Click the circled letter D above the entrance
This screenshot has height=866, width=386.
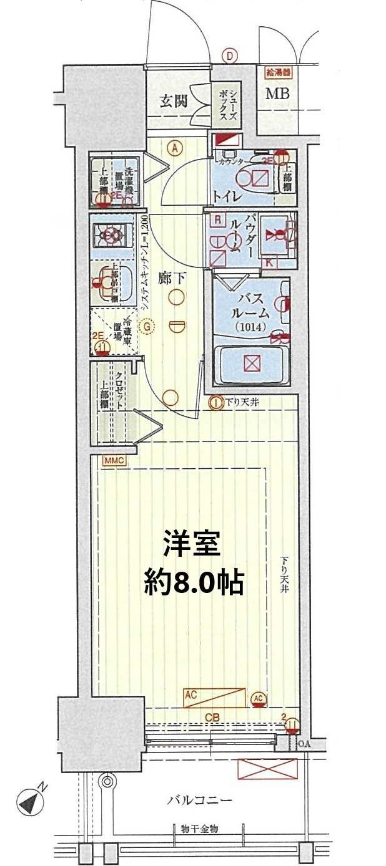230,57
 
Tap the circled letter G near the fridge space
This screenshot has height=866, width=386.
147,326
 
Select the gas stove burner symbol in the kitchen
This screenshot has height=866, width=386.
112,236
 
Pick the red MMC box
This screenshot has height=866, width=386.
115,460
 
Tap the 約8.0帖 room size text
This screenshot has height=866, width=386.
192,582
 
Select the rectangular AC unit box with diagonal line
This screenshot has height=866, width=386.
214,698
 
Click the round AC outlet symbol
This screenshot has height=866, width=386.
259,698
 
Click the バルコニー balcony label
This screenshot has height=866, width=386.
199,799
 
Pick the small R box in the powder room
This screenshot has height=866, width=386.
217,219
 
